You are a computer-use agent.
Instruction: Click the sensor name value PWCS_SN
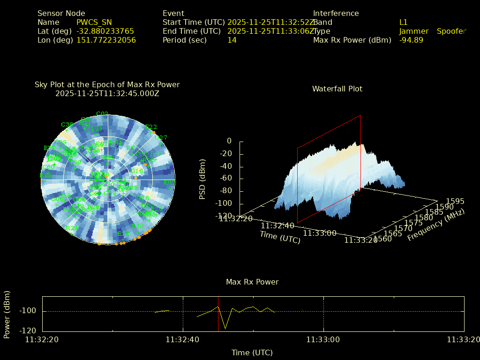point(94,22)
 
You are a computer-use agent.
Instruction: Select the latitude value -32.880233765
point(105,31)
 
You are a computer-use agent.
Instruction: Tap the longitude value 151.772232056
point(106,40)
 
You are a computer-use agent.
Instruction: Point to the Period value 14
point(232,40)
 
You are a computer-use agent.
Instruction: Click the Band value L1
point(404,22)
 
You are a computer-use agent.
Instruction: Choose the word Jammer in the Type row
point(414,31)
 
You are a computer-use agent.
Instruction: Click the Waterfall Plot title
point(337,89)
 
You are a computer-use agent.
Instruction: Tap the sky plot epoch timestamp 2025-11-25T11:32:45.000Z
point(107,93)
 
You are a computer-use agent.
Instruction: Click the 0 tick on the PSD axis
point(229,141)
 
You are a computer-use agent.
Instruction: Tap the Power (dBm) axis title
point(7,314)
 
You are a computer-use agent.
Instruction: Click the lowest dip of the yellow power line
point(225,328)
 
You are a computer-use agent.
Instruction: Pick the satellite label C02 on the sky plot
point(102,114)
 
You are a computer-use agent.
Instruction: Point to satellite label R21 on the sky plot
point(72,228)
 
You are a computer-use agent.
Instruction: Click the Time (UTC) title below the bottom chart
point(252,352)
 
